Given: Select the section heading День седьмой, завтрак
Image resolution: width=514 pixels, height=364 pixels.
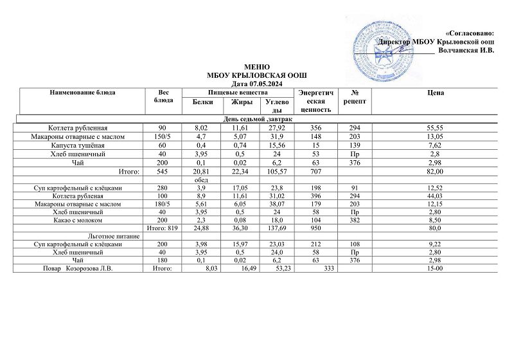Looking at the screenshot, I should click(x=258, y=120).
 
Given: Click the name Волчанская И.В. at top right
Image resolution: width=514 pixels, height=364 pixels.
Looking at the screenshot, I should click(x=465, y=51).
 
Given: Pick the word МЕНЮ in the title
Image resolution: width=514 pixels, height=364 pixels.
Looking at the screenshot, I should click(x=257, y=68).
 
